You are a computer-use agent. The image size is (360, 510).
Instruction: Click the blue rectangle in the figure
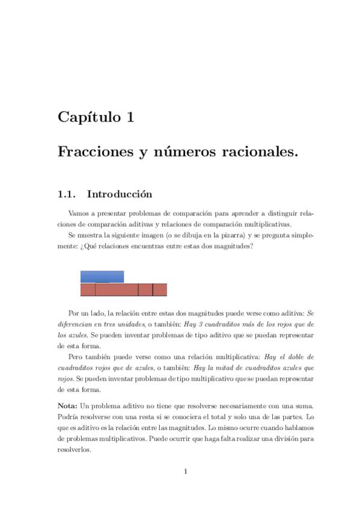(x=102, y=277)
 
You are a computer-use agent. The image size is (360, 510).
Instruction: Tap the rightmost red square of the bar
(x=160, y=290)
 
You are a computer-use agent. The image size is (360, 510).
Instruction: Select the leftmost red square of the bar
(x=88, y=290)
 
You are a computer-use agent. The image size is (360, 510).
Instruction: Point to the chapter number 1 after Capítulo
(x=130, y=117)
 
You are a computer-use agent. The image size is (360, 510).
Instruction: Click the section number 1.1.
(x=67, y=194)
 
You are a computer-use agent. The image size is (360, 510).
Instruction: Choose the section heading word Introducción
(x=120, y=194)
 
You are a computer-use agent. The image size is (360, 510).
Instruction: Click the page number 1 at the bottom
(x=186, y=471)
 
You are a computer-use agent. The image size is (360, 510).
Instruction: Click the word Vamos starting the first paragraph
(x=79, y=214)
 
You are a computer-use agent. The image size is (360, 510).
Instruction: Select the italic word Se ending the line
(x=311, y=313)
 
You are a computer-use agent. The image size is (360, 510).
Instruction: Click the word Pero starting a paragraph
(x=76, y=355)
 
